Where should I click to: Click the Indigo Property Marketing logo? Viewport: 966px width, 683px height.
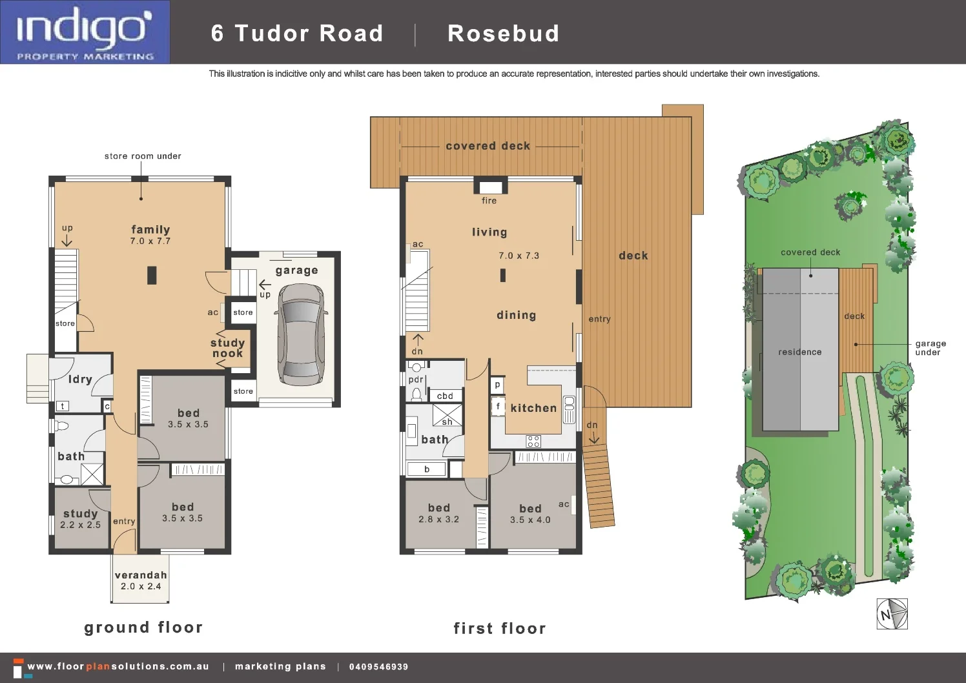tap(85, 32)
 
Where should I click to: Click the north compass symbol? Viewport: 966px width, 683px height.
tap(892, 613)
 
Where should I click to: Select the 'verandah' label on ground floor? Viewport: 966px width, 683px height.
tap(141, 575)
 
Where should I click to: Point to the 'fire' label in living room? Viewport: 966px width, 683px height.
tap(489, 201)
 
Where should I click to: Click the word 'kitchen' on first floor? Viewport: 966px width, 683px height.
tap(533, 408)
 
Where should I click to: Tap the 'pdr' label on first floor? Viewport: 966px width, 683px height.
tap(416, 380)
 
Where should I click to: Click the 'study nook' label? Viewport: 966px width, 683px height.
tap(228, 348)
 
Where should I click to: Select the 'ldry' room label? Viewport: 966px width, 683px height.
tap(80, 380)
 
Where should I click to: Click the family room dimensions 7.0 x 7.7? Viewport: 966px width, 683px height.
tap(150, 241)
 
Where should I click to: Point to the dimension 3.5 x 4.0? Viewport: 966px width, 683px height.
tap(530, 520)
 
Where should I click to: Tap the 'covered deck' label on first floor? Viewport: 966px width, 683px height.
tap(488, 146)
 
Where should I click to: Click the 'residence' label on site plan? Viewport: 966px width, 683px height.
tap(799, 352)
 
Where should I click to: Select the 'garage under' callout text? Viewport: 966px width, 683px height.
tap(930, 348)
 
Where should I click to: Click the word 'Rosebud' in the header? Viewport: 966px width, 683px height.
tap(503, 34)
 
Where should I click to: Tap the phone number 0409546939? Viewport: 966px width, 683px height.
tap(378, 667)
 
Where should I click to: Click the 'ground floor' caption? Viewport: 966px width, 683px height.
tap(143, 627)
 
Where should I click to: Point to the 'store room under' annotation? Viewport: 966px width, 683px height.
tap(143, 156)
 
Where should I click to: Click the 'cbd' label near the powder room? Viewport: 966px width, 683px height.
tap(445, 396)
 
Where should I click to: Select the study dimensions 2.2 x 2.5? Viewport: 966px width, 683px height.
tap(80, 525)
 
